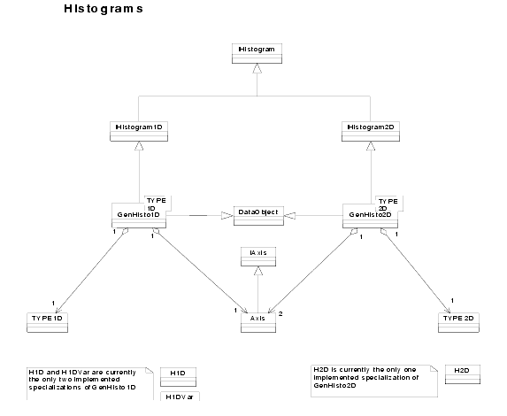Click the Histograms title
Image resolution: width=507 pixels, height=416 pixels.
coord(104,9)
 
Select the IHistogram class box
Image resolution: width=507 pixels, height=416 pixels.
coord(257,53)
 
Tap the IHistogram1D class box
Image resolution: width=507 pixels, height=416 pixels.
coord(139,131)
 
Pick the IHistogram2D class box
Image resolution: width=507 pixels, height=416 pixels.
coord(371,131)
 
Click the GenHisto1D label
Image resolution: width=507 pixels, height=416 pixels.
coord(138,214)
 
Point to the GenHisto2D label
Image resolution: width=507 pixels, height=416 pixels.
coord(370,214)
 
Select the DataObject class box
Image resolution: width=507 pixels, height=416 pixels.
coord(258,216)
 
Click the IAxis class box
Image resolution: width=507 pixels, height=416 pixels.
coord(258,257)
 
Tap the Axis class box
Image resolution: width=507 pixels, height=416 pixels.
coord(258,323)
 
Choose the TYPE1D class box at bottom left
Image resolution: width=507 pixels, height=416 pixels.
coord(47,323)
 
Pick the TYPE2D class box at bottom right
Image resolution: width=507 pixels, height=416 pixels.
coord(458,323)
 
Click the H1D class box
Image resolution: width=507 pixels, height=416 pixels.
coord(178,377)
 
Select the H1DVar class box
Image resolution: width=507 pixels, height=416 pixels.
coord(181,397)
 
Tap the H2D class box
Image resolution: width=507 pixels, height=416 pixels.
coord(463,374)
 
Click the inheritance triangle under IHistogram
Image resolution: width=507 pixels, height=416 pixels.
coord(257,68)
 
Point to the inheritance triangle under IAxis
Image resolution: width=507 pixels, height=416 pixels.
coord(258,271)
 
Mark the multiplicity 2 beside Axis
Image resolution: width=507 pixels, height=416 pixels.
coord(280,314)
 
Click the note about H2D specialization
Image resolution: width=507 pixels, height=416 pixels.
coord(374,381)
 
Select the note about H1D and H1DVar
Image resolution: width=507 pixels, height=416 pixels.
coord(90,383)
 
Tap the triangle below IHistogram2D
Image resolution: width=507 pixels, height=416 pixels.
coord(371,146)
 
